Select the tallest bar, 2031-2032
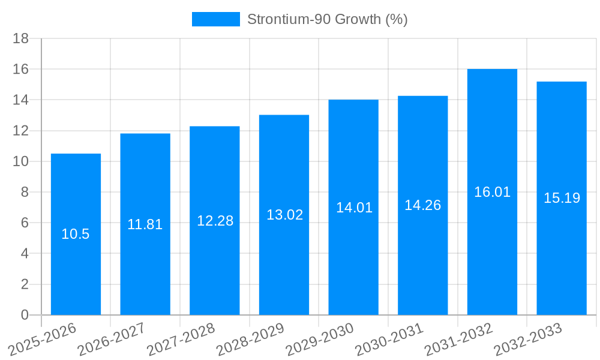[x=492, y=252]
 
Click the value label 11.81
[x=145, y=224]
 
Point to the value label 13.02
[x=284, y=215]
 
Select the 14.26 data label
[x=422, y=205]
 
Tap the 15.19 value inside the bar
[x=562, y=198]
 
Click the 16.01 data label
[x=492, y=192]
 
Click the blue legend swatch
[x=215, y=19]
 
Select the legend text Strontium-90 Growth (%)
[x=327, y=19]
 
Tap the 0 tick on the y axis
[x=25, y=315]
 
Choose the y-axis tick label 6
[x=25, y=223]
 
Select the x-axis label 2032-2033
[x=527, y=340]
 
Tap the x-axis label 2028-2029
[x=250, y=340]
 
